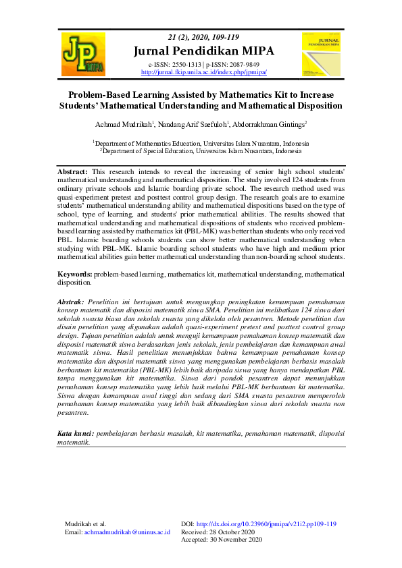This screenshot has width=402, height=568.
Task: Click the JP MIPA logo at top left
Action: (x=83, y=54)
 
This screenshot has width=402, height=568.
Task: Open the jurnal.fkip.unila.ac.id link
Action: (x=203, y=72)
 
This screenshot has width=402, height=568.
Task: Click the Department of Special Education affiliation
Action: (x=203, y=152)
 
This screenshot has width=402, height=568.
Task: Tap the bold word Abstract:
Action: (x=72, y=173)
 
